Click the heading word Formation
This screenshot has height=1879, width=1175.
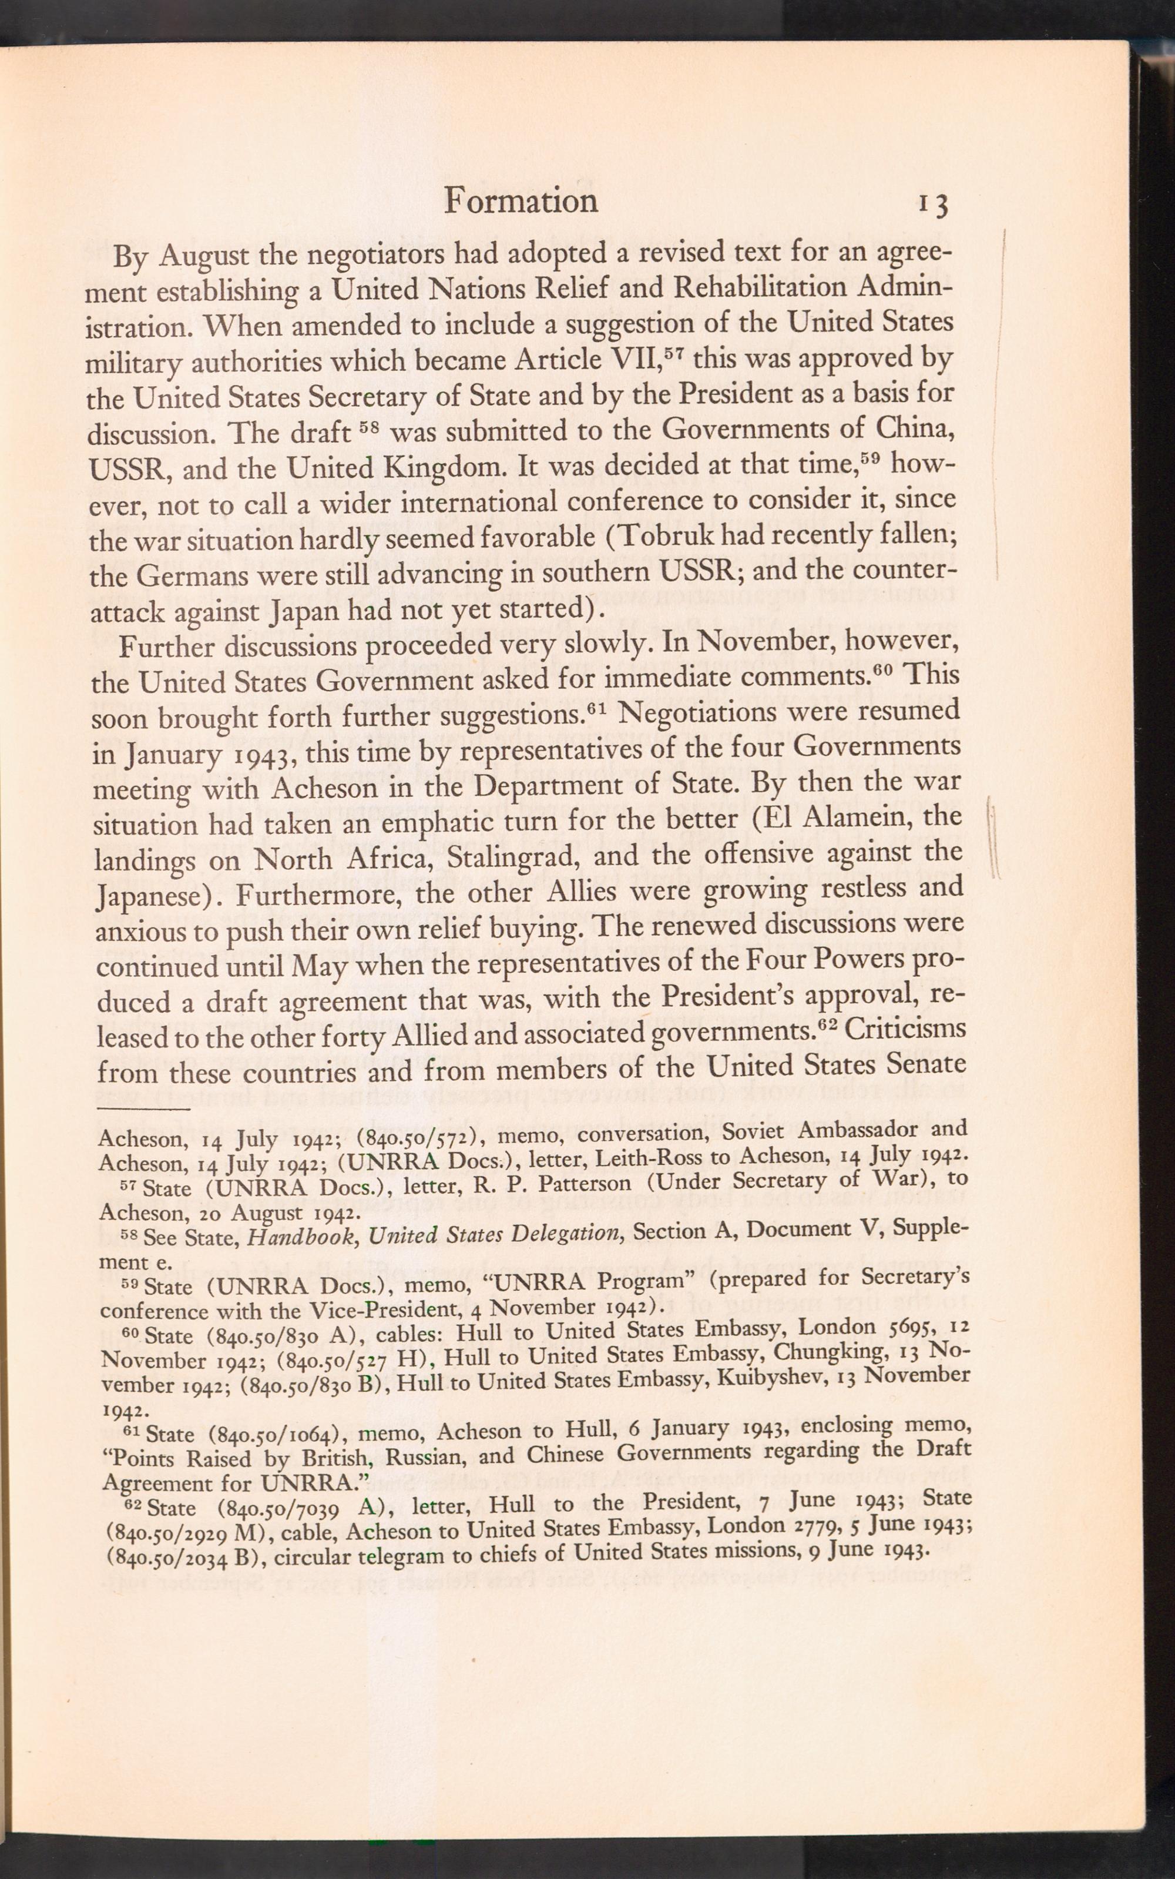coord(521,202)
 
